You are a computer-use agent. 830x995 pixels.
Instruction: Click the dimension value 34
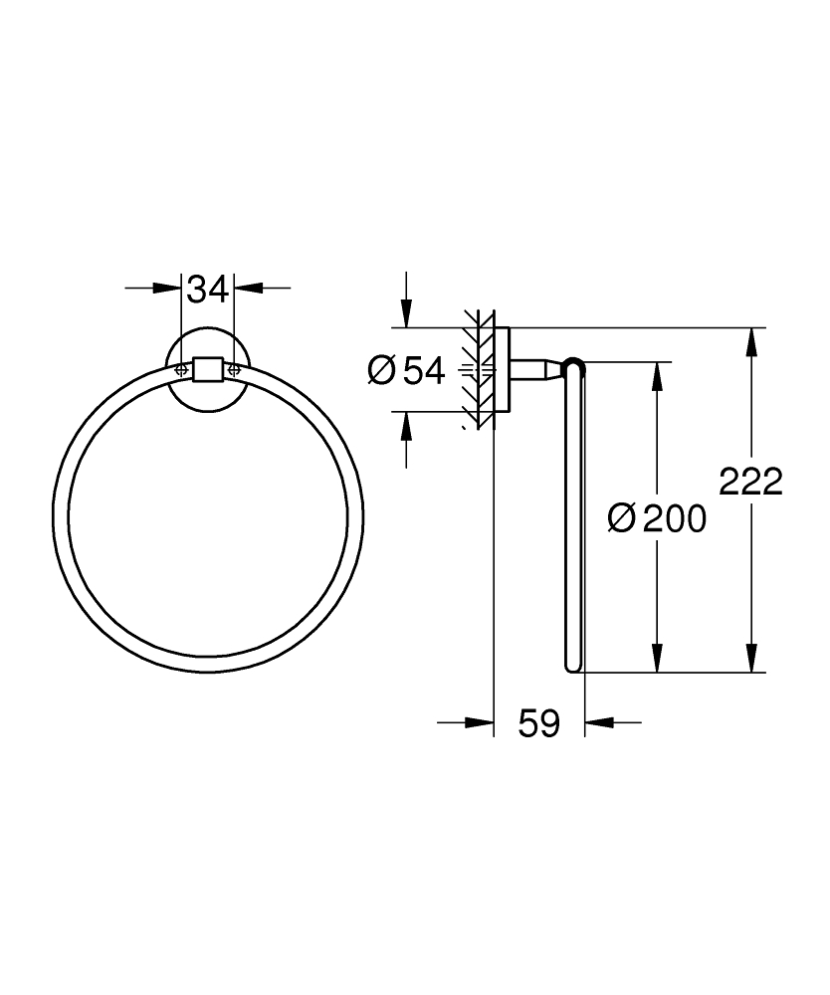click(208, 290)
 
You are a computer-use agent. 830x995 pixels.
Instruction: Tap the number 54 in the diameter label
click(423, 371)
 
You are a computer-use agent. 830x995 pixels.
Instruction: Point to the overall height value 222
click(751, 483)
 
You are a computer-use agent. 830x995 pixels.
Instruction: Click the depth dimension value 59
click(538, 723)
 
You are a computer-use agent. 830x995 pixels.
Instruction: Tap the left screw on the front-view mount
click(181, 369)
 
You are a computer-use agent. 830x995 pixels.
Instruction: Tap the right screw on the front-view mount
click(235, 369)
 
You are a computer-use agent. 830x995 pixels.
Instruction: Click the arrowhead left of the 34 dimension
click(168, 289)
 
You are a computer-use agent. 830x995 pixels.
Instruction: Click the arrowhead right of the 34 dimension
click(248, 289)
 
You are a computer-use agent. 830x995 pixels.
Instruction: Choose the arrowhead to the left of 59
click(481, 723)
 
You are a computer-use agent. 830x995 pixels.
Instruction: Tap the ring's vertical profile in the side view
click(574, 517)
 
